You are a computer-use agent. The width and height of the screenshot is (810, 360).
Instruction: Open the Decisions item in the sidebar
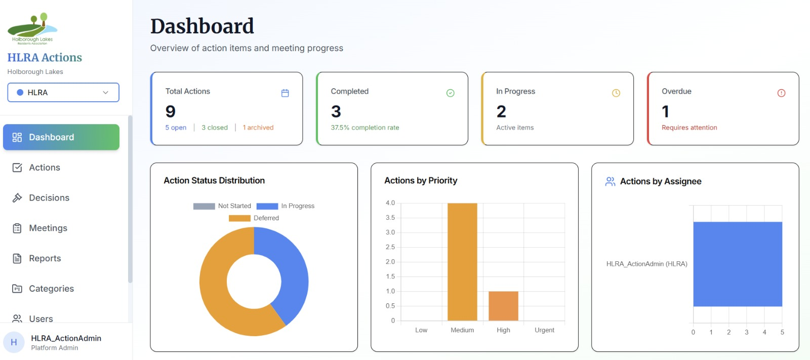tap(41, 197)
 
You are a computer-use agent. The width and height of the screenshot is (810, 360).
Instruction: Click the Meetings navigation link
tap(40, 228)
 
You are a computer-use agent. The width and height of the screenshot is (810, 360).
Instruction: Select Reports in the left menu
tap(36, 258)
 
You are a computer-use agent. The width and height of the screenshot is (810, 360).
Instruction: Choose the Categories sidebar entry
tap(43, 289)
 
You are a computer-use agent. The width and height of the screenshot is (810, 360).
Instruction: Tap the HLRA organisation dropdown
tap(63, 92)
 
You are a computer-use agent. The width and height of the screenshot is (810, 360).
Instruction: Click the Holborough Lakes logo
tap(32, 29)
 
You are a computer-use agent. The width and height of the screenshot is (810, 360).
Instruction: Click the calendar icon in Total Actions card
tap(285, 93)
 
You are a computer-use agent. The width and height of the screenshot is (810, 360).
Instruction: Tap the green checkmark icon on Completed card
tap(450, 93)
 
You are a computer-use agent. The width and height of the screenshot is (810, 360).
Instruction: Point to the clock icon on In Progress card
tap(616, 93)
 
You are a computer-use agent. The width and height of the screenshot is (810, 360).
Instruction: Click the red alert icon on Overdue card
tap(782, 93)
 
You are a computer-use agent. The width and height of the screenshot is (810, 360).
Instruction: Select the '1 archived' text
tap(258, 128)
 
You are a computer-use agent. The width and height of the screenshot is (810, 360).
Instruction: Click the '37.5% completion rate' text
tap(365, 128)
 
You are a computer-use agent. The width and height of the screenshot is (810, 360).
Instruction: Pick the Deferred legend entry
tap(254, 218)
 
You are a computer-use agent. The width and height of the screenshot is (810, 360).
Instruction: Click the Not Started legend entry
tap(222, 206)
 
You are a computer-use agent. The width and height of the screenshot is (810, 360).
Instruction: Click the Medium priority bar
tap(462, 262)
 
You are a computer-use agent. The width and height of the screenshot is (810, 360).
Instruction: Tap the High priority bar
tap(503, 306)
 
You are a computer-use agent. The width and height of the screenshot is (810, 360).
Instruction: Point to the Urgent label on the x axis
tap(544, 330)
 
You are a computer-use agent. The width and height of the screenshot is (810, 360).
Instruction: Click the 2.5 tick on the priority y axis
tap(390, 247)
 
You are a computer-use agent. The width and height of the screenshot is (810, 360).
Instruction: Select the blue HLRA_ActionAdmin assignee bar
tap(738, 264)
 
